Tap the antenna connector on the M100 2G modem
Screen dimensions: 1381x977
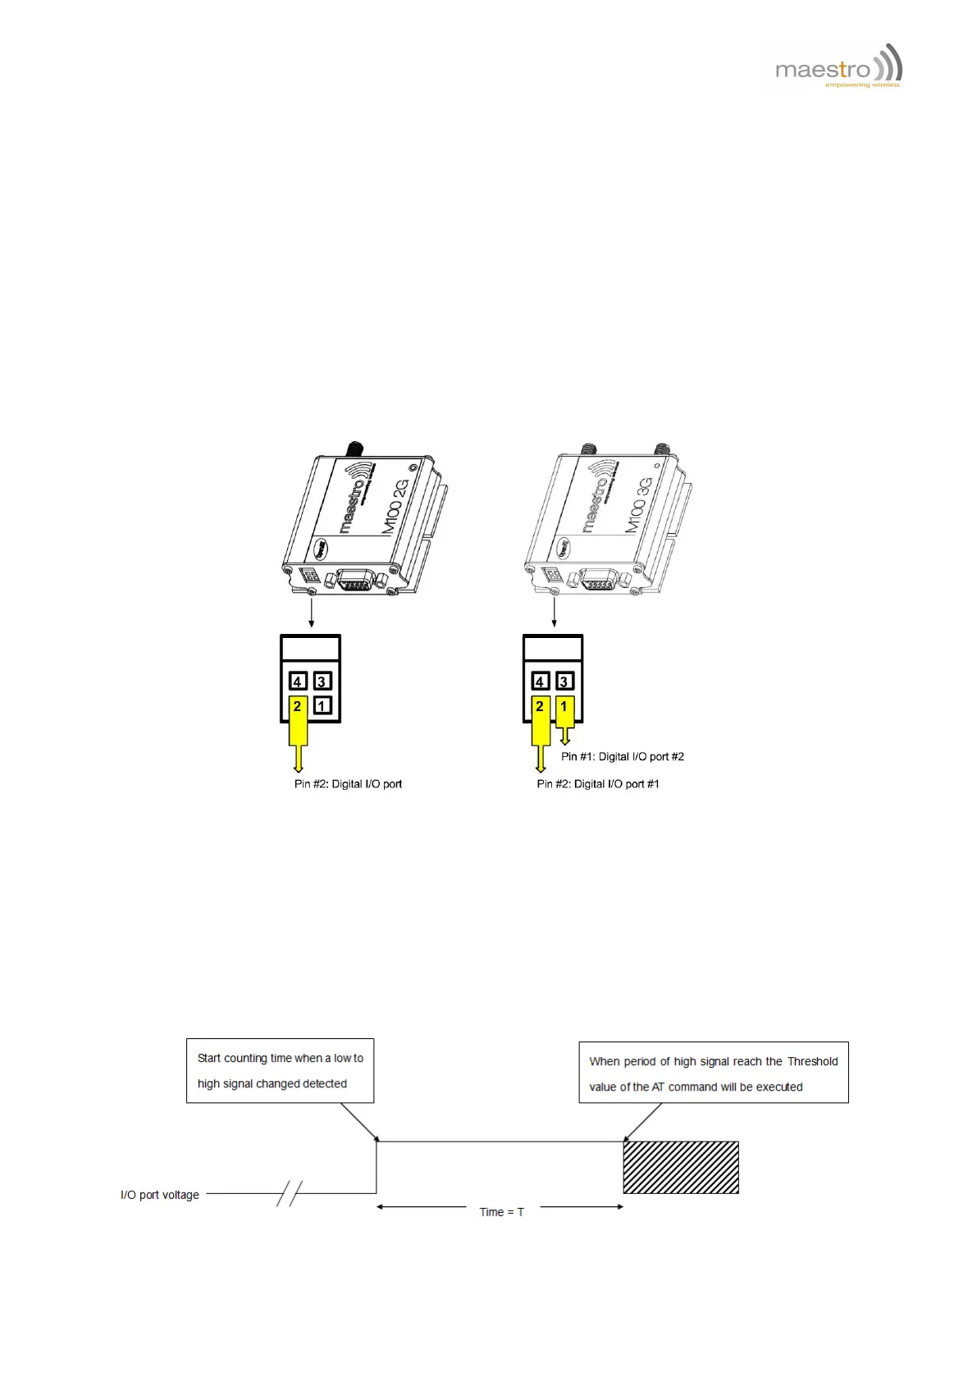[x=354, y=449]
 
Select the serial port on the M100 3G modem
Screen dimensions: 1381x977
[x=600, y=581]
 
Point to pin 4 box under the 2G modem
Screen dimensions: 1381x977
[x=298, y=681]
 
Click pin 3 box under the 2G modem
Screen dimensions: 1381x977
[x=322, y=681]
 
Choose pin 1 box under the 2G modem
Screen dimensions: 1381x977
[x=322, y=705]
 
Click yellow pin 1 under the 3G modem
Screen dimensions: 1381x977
[x=564, y=713]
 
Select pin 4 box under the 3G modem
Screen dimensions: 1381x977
[x=540, y=681]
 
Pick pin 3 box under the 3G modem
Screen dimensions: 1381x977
[x=564, y=681]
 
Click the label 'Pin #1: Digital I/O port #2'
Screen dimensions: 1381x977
[x=622, y=757]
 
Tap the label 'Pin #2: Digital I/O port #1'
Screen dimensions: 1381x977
[x=598, y=784]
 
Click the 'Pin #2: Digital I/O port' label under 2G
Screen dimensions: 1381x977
[x=348, y=784]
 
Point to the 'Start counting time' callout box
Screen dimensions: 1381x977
[x=280, y=1071]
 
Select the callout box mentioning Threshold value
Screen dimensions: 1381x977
[x=713, y=1073]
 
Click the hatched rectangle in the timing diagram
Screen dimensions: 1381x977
[x=681, y=1167]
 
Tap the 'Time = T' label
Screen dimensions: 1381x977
[x=501, y=1212]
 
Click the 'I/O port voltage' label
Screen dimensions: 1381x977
[x=160, y=1195]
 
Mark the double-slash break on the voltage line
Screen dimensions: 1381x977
[x=290, y=1194]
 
